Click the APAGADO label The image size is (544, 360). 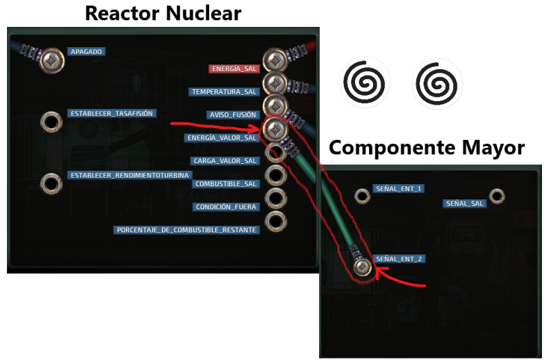point(87,52)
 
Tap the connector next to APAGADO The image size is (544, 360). point(51,61)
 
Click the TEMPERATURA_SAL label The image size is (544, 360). point(224,91)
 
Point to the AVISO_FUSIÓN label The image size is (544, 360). point(232,115)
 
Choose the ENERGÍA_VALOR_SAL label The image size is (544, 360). point(222,138)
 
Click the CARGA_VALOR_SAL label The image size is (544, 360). point(226,161)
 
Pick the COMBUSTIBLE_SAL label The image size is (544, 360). point(226,183)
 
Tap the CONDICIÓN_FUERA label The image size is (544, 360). point(226,206)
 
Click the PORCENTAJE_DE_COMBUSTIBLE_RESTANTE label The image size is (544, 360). point(187,230)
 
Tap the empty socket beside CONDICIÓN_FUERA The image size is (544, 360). point(275,199)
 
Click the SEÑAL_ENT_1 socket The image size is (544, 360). point(361,196)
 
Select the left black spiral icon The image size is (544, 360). point(365,84)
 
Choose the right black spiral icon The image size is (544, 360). point(437,84)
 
